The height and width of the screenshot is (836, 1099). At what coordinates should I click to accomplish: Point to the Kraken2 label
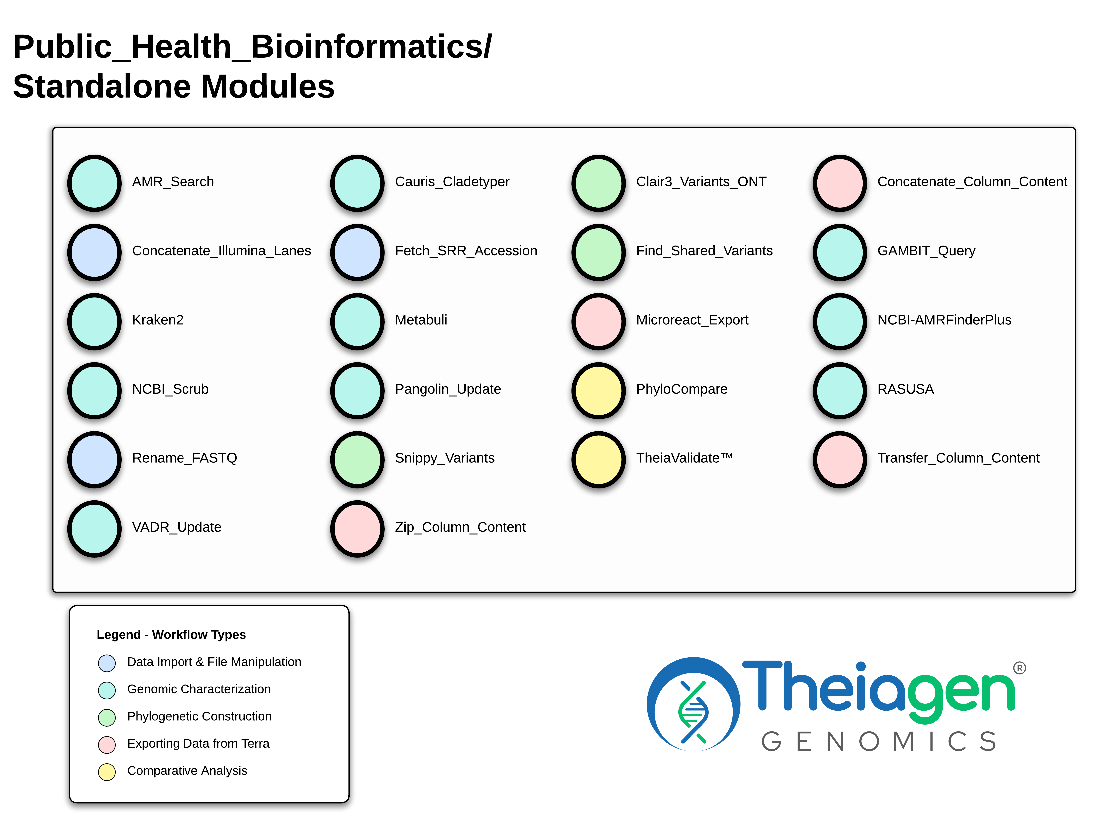158,320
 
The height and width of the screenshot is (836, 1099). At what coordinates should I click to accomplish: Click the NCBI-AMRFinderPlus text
944,320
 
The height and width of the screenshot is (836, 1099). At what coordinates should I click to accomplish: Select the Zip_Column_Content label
460,527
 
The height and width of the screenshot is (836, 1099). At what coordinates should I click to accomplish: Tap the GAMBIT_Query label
926,251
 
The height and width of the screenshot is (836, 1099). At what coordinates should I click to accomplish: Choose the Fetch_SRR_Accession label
466,251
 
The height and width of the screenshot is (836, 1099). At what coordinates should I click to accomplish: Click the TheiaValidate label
684,458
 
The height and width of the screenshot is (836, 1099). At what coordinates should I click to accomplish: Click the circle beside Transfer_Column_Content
840,459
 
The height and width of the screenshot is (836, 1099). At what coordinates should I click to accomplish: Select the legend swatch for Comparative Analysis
107,772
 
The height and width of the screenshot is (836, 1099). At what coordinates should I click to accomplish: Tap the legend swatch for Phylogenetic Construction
107,718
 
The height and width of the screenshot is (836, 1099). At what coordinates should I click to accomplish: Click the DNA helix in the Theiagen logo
693,712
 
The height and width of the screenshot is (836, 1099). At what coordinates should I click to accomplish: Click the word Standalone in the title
102,86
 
